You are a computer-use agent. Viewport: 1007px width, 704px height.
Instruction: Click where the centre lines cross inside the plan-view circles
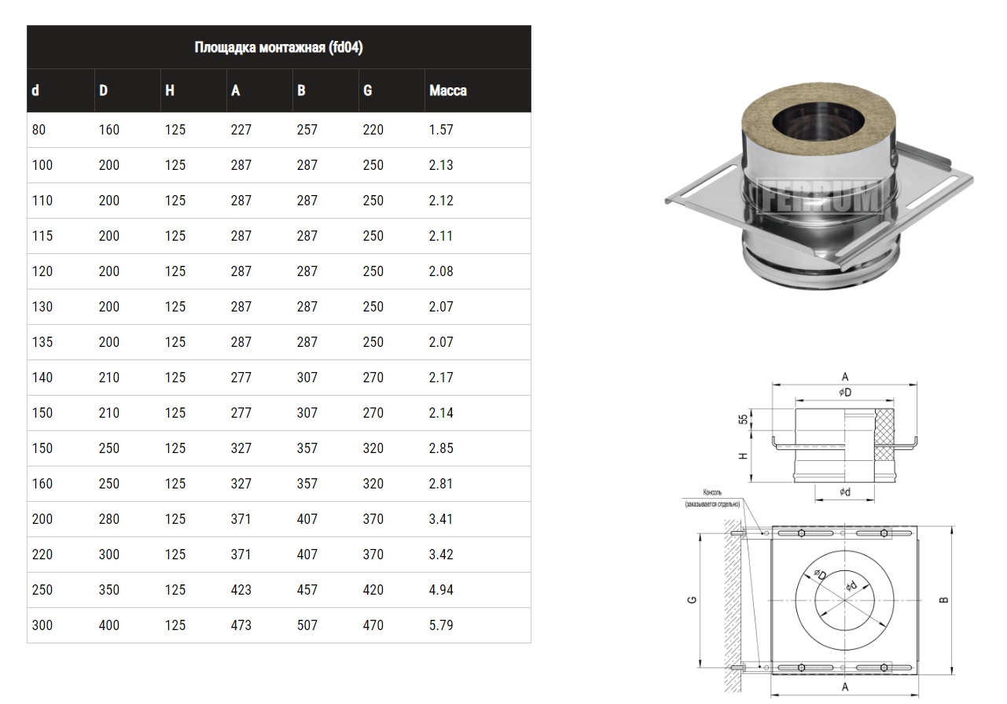pos(845,600)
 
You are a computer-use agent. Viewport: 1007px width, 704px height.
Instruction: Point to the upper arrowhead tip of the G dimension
pos(700,534)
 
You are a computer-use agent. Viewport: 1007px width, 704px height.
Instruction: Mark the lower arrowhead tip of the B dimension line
pos(952,674)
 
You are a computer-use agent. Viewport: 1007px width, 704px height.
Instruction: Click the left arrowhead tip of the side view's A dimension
pos(772,385)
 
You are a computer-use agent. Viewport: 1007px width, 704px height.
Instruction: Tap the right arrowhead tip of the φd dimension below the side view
pos(874,499)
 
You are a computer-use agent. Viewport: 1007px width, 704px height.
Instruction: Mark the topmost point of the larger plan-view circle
pos(845,551)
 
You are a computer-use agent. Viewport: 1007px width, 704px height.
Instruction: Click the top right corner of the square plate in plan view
pos(917,526)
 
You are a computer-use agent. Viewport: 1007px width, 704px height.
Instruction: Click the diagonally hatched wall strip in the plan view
pos(733,606)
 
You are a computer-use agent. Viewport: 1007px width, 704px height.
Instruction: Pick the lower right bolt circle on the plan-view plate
pos(884,668)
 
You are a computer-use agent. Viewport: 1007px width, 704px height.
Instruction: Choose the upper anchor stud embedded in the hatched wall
pos(737,533)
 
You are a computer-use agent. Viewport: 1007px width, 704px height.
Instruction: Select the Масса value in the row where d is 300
pos(441,625)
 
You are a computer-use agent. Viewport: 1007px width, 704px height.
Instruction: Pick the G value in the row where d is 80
pos(373,130)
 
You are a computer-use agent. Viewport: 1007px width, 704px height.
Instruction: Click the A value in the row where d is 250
pos(241,590)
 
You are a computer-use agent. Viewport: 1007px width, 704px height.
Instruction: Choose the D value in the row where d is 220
pos(109,555)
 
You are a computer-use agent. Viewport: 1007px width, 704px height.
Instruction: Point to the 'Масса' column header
pos(448,90)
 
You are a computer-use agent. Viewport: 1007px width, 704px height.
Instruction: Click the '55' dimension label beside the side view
pos(743,419)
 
